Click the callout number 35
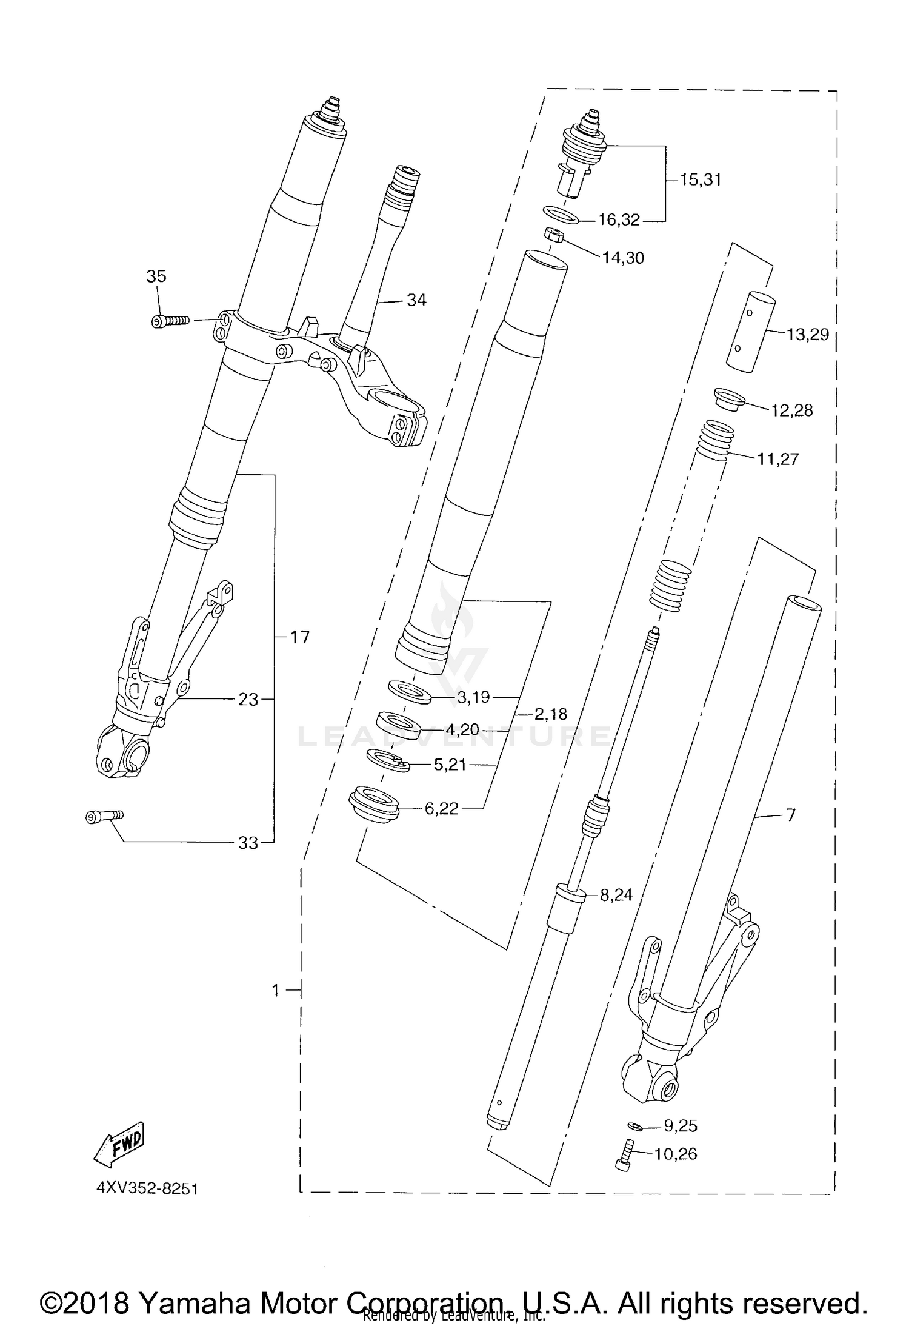(x=156, y=276)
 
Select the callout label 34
(x=416, y=300)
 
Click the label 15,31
(x=700, y=180)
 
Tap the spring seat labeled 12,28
(x=730, y=400)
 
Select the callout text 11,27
(x=777, y=459)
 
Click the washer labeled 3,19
(x=410, y=691)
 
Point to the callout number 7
(x=790, y=815)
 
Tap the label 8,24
(x=616, y=895)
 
